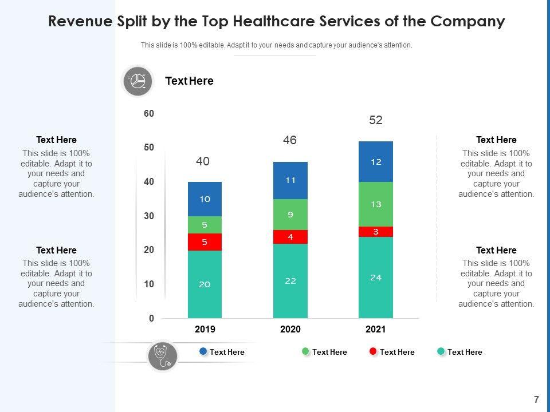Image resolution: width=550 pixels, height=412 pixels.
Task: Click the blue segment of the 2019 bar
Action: click(205, 199)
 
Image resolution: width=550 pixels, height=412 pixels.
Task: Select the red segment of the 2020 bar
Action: click(290, 237)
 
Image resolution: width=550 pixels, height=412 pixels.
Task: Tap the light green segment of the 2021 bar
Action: click(376, 204)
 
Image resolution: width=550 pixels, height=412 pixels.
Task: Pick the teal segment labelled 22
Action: click(290, 281)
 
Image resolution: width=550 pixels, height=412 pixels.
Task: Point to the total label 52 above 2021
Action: click(376, 120)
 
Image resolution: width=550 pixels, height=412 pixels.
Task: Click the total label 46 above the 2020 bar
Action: click(290, 140)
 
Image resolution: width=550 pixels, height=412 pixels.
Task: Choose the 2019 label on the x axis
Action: click(205, 330)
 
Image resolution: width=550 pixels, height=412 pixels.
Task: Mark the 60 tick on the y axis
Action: click(149, 114)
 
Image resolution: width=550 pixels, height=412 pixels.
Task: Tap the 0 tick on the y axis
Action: click(151, 318)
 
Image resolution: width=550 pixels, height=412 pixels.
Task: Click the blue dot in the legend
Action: click(203, 351)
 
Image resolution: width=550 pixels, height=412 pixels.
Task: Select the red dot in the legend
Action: click(374, 351)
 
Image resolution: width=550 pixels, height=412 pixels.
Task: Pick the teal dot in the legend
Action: click(441, 351)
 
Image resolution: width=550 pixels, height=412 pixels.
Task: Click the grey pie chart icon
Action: click(137, 81)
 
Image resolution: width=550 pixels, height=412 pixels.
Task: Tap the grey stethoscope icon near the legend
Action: click(162, 356)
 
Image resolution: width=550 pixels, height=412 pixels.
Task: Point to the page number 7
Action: click(536, 399)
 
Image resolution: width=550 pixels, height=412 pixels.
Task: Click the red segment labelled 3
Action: click(376, 232)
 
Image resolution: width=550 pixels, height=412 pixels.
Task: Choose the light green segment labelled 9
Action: click(290, 215)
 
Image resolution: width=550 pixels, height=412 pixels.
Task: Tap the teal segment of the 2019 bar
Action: click(205, 284)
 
